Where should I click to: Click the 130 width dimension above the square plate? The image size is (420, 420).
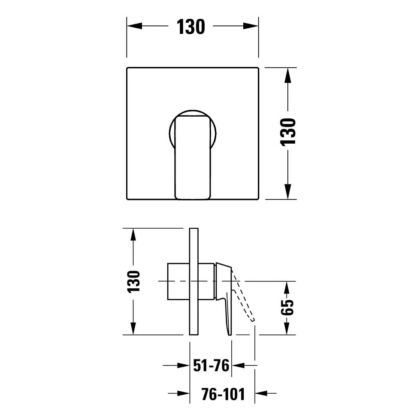click(x=191, y=27)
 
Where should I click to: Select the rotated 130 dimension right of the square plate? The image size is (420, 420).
click(x=288, y=132)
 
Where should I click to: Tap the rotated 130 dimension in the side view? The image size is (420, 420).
click(x=134, y=281)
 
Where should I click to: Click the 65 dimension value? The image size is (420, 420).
click(x=287, y=307)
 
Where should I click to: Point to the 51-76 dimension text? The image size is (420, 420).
click(x=212, y=366)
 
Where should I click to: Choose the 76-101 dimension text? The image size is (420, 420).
click(x=223, y=394)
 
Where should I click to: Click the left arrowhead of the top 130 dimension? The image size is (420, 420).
click(x=134, y=26)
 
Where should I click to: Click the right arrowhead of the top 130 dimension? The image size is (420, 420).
click(x=251, y=26)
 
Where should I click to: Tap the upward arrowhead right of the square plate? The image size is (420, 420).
click(x=288, y=75)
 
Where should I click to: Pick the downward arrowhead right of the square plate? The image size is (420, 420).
click(x=288, y=191)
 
